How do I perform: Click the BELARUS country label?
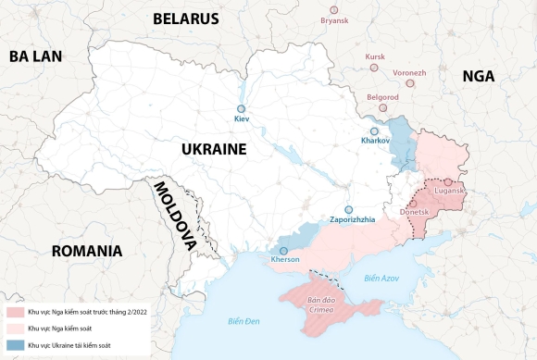pyautogui.click(x=185, y=19)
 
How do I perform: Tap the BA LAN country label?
pyautogui.click(x=35, y=56)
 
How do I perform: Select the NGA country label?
pyautogui.click(x=481, y=78)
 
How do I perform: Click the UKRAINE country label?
pyautogui.click(x=213, y=149)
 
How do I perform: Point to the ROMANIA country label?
pyautogui.click(x=87, y=251)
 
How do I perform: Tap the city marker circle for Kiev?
pyautogui.click(x=241, y=108)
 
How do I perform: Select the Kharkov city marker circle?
pyautogui.click(x=374, y=130)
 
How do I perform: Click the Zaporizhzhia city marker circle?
pyautogui.click(x=349, y=209)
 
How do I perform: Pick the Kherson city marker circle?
pyautogui.click(x=283, y=250)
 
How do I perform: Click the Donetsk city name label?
pyautogui.click(x=414, y=213)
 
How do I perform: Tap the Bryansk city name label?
pyautogui.click(x=334, y=20)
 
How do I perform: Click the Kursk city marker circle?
pyautogui.click(x=375, y=68)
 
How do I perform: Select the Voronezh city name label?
pyautogui.click(x=409, y=72)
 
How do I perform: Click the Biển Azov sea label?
pyautogui.click(x=381, y=278)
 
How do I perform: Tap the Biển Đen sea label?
pyautogui.click(x=244, y=321)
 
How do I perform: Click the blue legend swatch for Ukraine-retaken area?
pyautogui.click(x=14, y=344)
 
